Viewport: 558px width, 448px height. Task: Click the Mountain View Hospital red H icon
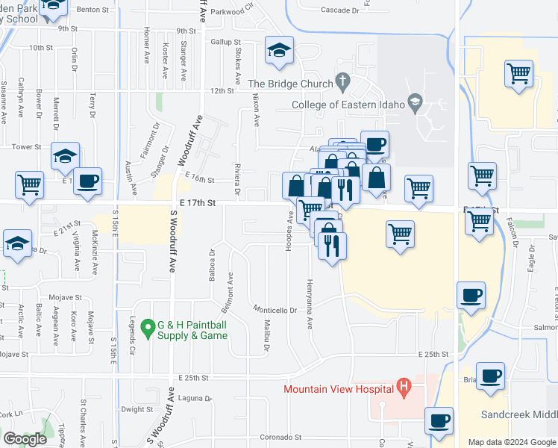pyautogui.click(x=404, y=388)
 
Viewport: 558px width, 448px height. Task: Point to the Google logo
pyautogui.click(x=25, y=439)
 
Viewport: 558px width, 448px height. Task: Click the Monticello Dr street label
pyautogui.click(x=275, y=310)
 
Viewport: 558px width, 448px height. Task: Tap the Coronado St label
pyautogui.click(x=280, y=437)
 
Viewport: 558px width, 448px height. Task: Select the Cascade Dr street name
pyautogui.click(x=320, y=10)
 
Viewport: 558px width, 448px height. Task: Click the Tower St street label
pyautogui.click(x=26, y=147)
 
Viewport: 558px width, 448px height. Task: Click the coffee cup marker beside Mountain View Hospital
pyautogui.click(x=439, y=420)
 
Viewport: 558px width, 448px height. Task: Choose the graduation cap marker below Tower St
pyautogui.click(x=65, y=156)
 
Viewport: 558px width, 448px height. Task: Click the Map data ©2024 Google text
pyautogui.click(x=511, y=442)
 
